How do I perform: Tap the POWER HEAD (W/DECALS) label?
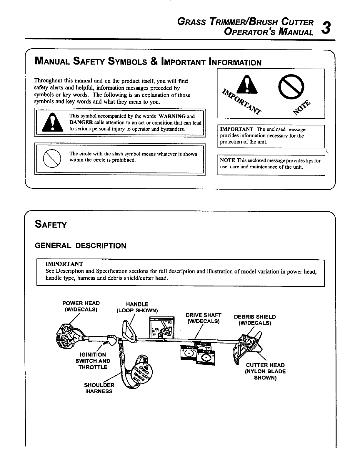pyautogui.click(x=81, y=306)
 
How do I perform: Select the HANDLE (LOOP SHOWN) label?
pyautogui.click(x=137, y=307)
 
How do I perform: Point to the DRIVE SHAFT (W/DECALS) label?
pyautogui.click(x=204, y=318)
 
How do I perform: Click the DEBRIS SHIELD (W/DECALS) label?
pyautogui.click(x=255, y=320)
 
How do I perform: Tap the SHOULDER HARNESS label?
pyautogui.click(x=99, y=388)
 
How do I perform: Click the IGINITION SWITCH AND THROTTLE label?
pyautogui.click(x=93, y=361)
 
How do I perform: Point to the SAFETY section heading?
pyautogui.click(x=51, y=225)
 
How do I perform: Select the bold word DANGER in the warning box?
pyautogui.click(x=81, y=122)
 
